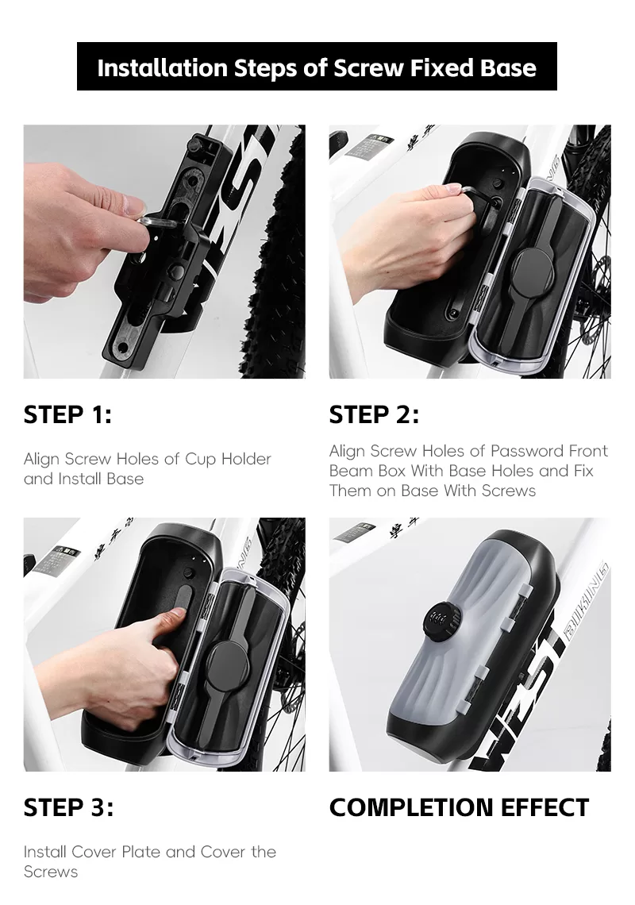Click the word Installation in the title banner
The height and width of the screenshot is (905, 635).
(x=163, y=67)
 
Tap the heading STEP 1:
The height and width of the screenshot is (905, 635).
(x=67, y=414)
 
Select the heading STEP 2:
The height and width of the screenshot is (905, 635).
(x=374, y=414)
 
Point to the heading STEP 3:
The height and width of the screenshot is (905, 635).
(x=68, y=807)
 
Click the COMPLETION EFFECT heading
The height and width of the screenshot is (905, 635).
(x=459, y=807)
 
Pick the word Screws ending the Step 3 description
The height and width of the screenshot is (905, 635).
(x=51, y=872)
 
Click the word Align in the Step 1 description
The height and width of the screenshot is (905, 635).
(x=41, y=460)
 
